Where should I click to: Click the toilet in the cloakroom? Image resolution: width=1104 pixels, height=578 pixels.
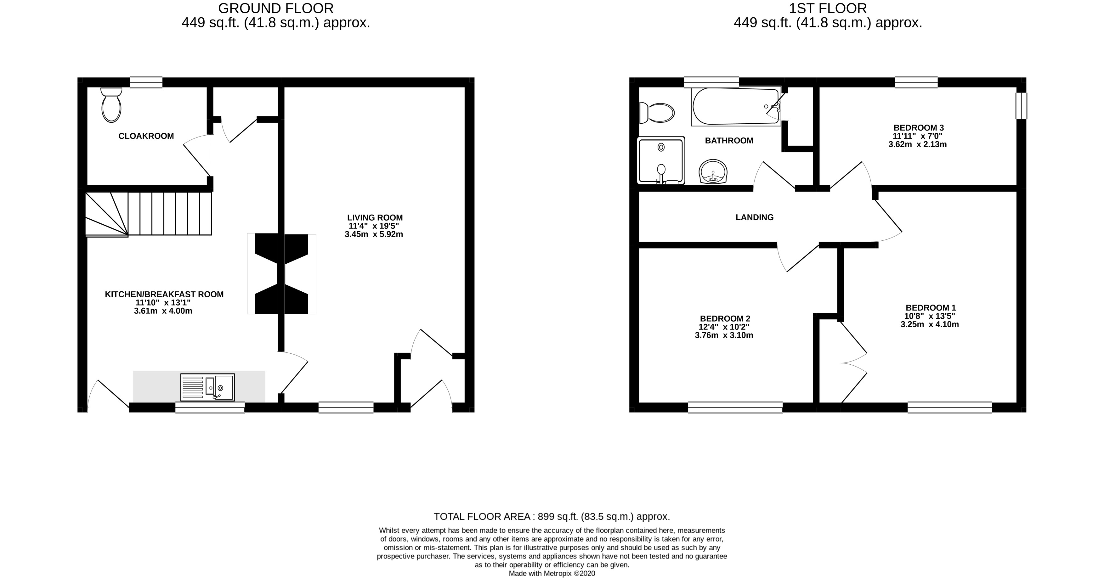click(x=111, y=105)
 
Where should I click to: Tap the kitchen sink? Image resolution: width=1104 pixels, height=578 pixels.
click(x=207, y=387)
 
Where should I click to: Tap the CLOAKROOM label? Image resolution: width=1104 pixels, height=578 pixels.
click(x=146, y=136)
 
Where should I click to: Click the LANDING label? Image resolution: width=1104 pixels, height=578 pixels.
click(x=755, y=217)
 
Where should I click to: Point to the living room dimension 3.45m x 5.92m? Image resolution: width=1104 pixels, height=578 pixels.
click(x=374, y=234)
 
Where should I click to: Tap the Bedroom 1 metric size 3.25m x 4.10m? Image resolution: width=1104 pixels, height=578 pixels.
click(x=930, y=324)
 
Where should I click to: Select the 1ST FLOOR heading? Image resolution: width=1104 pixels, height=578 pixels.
click(x=828, y=8)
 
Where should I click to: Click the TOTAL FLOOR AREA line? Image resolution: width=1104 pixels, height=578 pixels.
click(x=552, y=516)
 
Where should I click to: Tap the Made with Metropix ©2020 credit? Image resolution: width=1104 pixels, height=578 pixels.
click(x=552, y=573)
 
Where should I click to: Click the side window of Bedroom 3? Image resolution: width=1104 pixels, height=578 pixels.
click(x=1022, y=105)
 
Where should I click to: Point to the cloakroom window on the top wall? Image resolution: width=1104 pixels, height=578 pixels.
click(x=146, y=82)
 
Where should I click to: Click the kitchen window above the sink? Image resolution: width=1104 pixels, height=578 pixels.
click(x=210, y=407)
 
